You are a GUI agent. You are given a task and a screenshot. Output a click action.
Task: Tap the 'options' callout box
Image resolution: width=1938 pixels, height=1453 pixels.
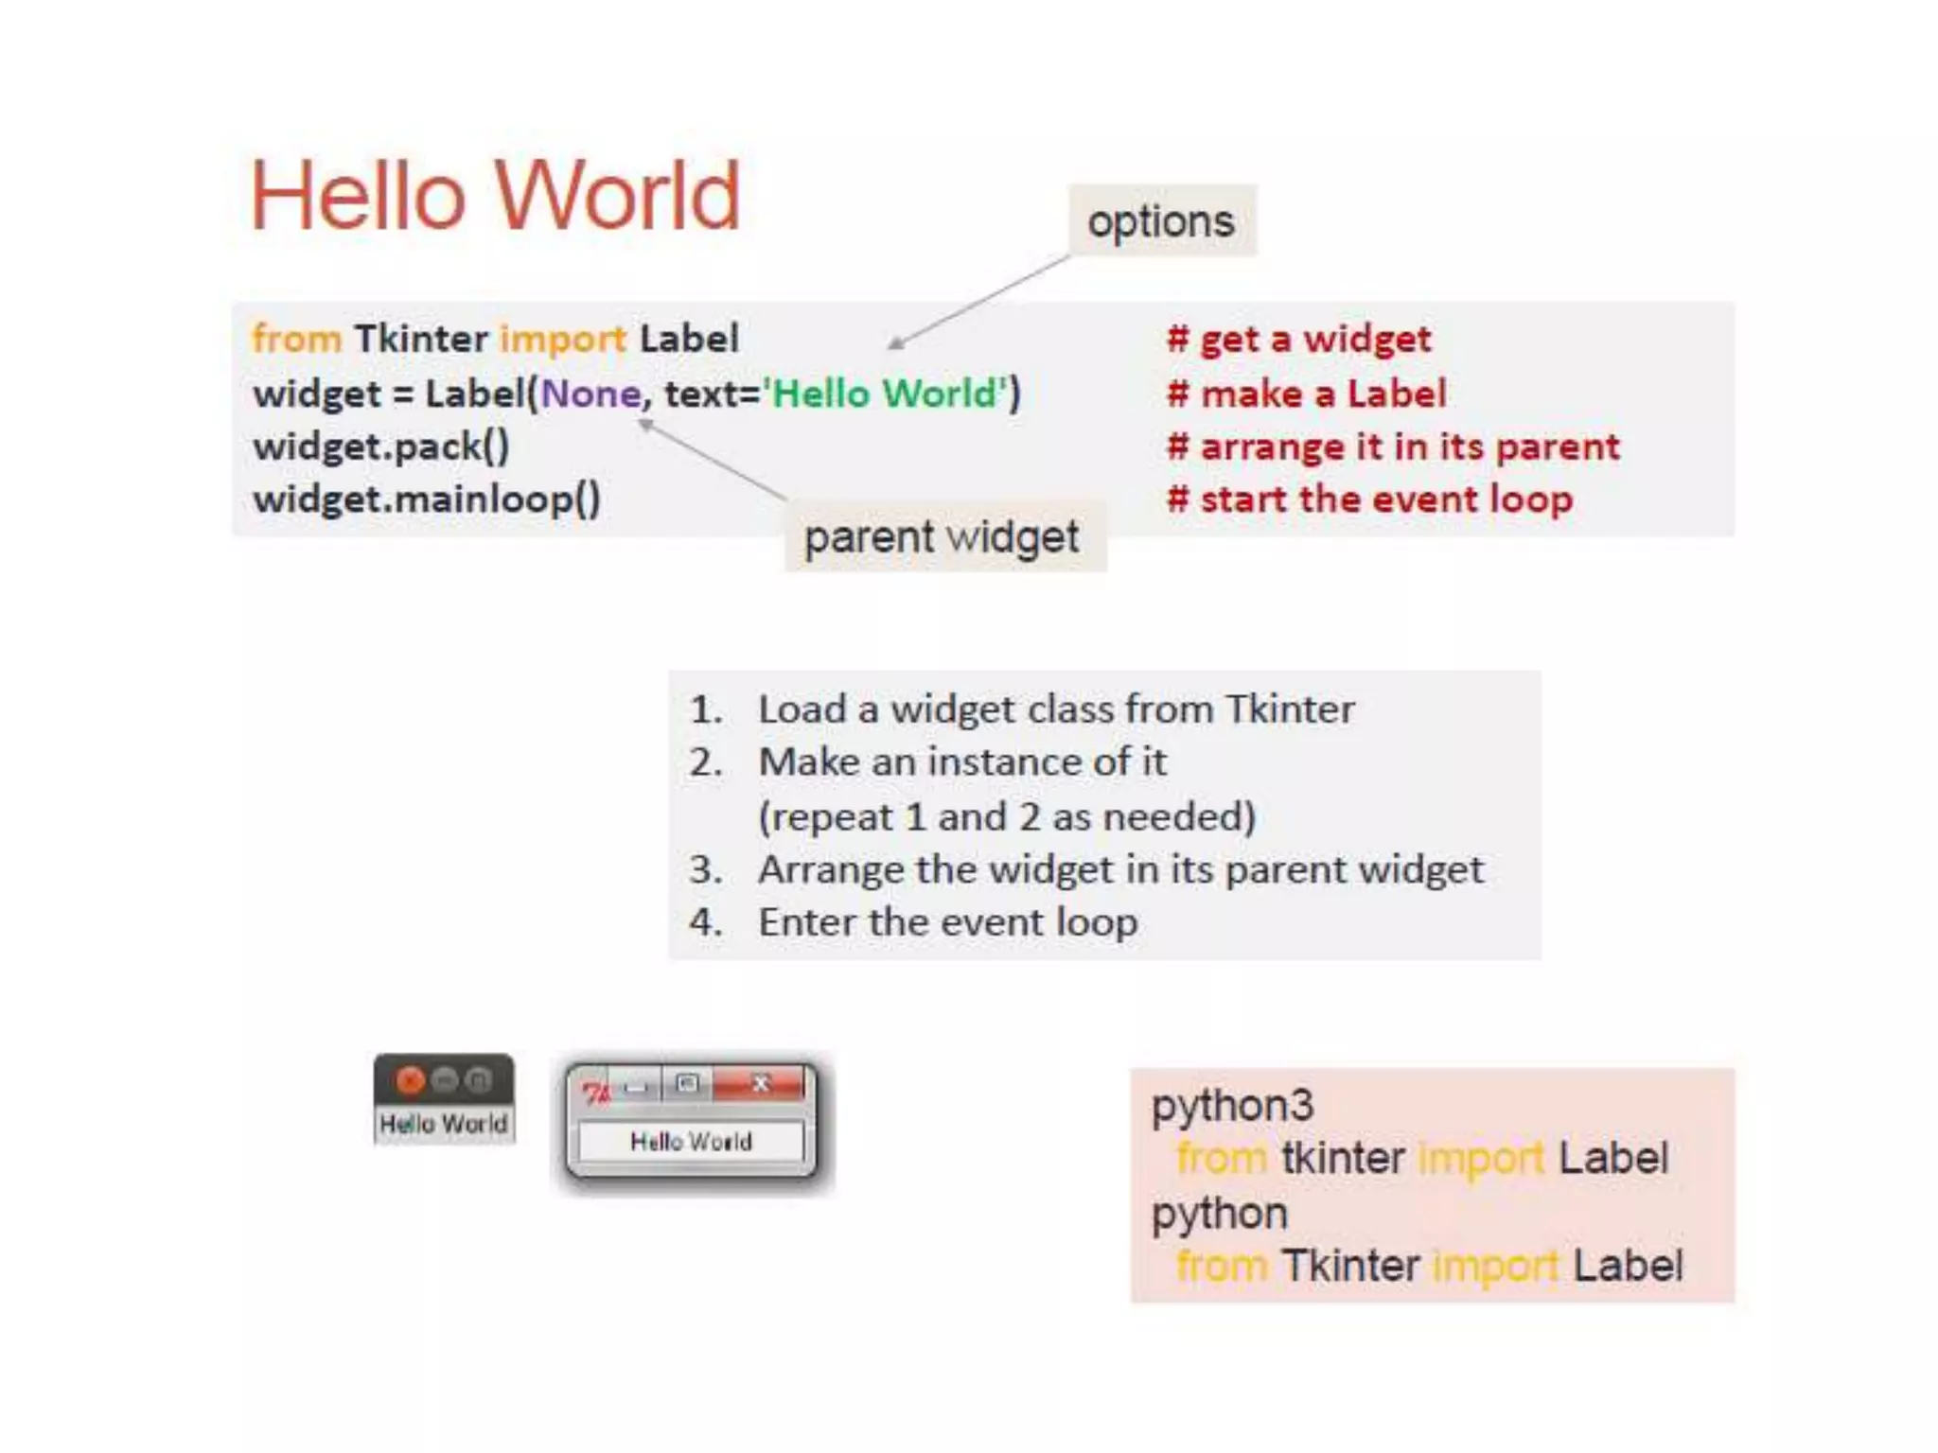coord(1162,221)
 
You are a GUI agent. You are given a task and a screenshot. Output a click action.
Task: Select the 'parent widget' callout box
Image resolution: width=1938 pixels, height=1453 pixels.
coord(943,537)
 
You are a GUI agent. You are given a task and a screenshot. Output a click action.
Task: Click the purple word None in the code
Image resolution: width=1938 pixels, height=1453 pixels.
coord(591,394)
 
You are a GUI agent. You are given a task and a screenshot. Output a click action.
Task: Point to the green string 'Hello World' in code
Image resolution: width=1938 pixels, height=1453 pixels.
coord(887,394)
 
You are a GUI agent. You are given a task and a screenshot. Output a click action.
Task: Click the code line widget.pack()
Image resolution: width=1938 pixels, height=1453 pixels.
coord(381,446)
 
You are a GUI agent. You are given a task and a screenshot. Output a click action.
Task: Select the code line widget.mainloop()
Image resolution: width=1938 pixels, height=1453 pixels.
coord(427,499)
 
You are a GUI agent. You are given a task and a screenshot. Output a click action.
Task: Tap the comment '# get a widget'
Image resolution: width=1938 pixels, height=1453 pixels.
coord(1298,339)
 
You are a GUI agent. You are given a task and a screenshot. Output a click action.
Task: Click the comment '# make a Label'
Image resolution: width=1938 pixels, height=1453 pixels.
coord(1306,394)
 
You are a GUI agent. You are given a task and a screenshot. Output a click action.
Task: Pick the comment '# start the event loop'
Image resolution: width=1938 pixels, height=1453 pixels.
coord(1369,499)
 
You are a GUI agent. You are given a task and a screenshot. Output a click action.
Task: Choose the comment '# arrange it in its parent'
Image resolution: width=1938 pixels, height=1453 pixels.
coord(1393,446)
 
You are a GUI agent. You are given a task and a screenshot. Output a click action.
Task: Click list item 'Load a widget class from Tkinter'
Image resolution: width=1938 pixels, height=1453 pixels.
coord(1055,709)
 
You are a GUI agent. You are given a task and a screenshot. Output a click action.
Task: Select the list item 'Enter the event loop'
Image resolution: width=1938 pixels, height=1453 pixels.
coord(947,922)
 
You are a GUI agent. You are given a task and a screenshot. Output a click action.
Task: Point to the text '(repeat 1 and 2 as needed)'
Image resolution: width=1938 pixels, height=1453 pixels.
coord(1007,816)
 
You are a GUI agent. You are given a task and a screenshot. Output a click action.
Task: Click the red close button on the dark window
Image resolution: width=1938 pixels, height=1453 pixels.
coord(410,1079)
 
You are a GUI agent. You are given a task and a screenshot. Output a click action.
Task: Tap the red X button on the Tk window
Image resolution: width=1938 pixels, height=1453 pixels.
coord(760,1084)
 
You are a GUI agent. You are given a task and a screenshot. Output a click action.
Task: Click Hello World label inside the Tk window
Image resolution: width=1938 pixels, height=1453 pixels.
coord(691,1142)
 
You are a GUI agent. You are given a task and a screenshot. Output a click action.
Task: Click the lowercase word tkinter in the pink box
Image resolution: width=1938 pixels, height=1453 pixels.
coord(1343,1159)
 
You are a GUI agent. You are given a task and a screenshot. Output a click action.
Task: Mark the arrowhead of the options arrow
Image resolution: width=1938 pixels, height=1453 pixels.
coord(892,345)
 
